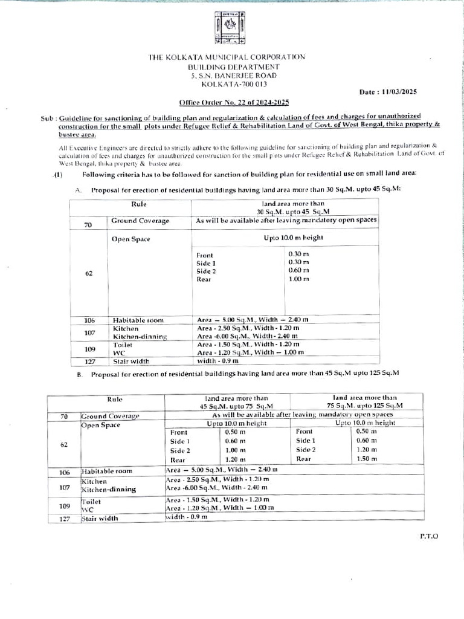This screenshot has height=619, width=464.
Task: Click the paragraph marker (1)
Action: pos(57,174)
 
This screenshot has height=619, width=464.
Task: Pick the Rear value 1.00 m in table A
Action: pos(298,279)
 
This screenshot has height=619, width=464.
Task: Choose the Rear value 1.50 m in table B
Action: pos(366,459)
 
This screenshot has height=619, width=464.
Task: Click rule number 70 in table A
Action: pos(88,225)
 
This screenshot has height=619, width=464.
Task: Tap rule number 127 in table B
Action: pos(64,519)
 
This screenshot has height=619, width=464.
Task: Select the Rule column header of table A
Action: pos(138,204)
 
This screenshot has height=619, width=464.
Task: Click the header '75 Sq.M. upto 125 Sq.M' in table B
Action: pos(365,406)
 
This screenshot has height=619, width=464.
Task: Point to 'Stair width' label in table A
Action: pos(132,361)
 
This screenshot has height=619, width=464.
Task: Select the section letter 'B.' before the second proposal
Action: pos(79,375)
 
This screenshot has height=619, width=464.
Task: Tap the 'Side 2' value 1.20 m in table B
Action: pos(366,450)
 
